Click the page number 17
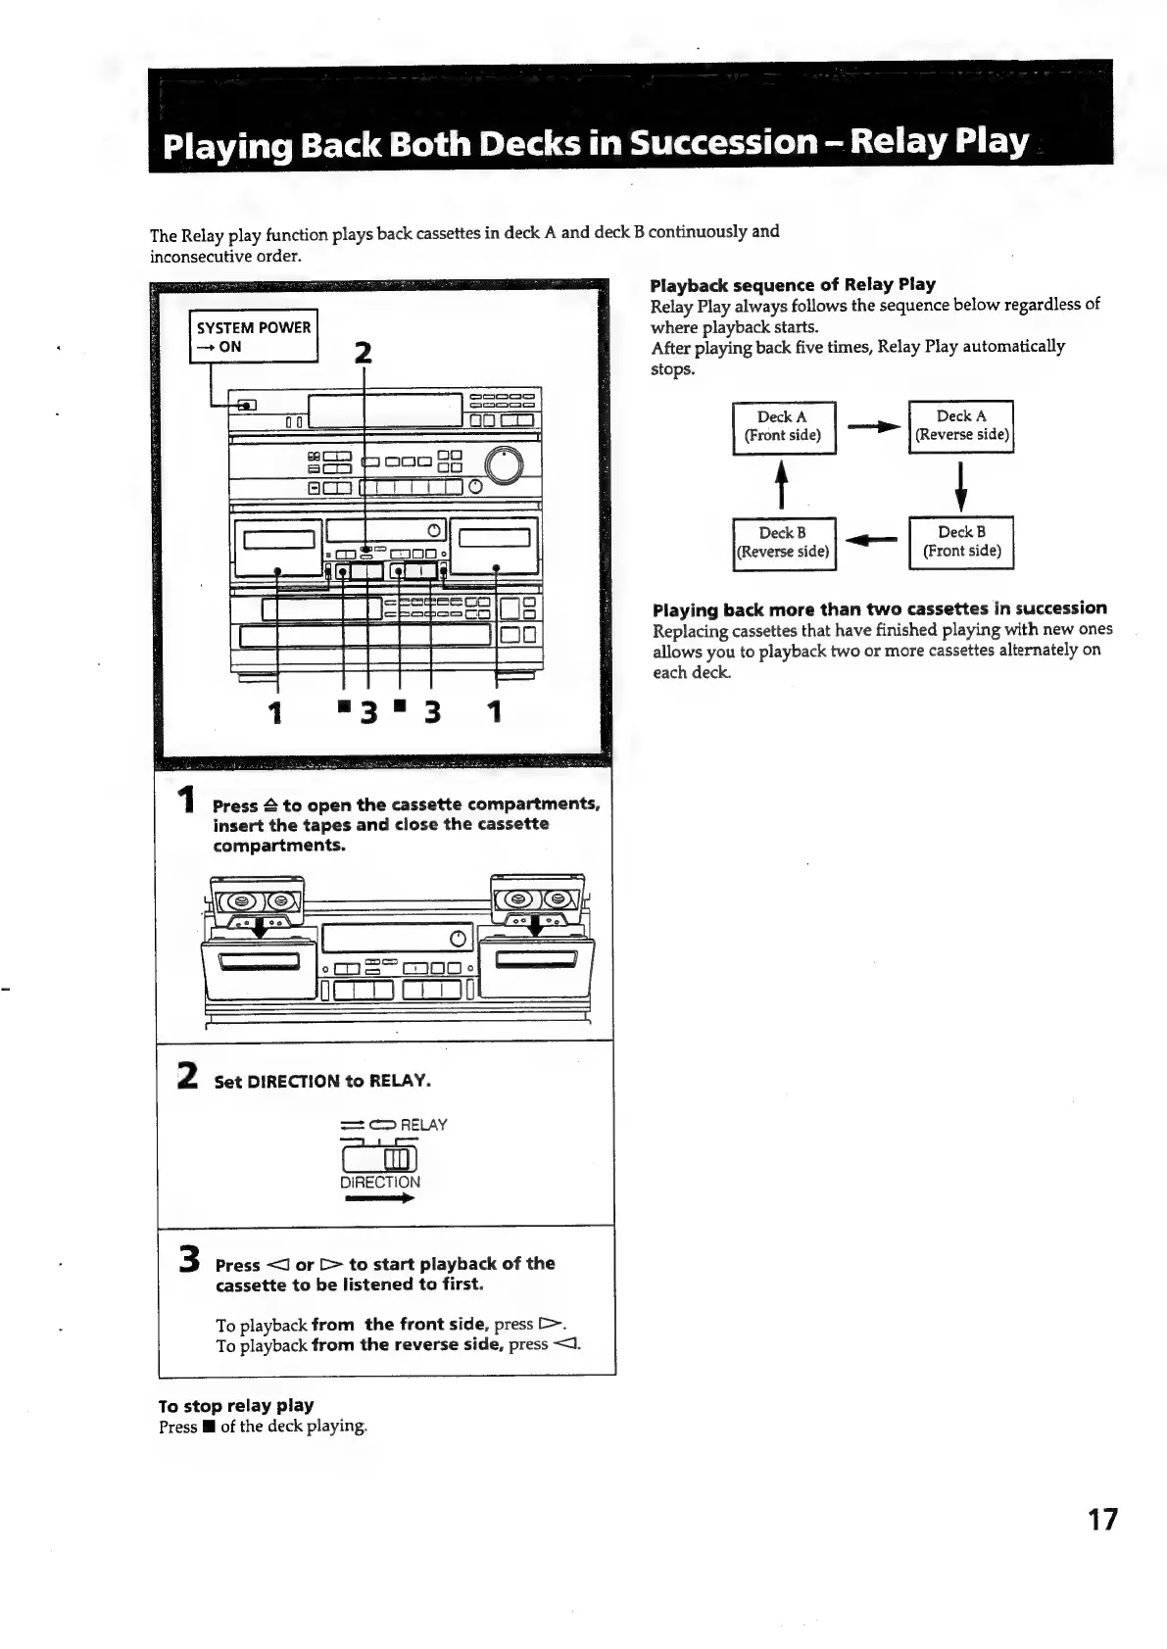point(1102,1520)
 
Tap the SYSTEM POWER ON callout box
point(253,336)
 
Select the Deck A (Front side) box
point(783,426)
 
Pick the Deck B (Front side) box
point(961,542)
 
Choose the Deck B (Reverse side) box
point(783,543)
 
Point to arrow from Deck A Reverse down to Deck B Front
point(962,485)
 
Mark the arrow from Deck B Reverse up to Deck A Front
point(783,485)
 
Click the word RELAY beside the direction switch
point(423,1125)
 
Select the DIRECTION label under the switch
point(380,1183)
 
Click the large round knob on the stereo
point(504,466)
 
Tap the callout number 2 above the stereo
point(364,353)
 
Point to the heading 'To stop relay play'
point(236,1405)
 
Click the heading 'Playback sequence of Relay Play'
point(793,285)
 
